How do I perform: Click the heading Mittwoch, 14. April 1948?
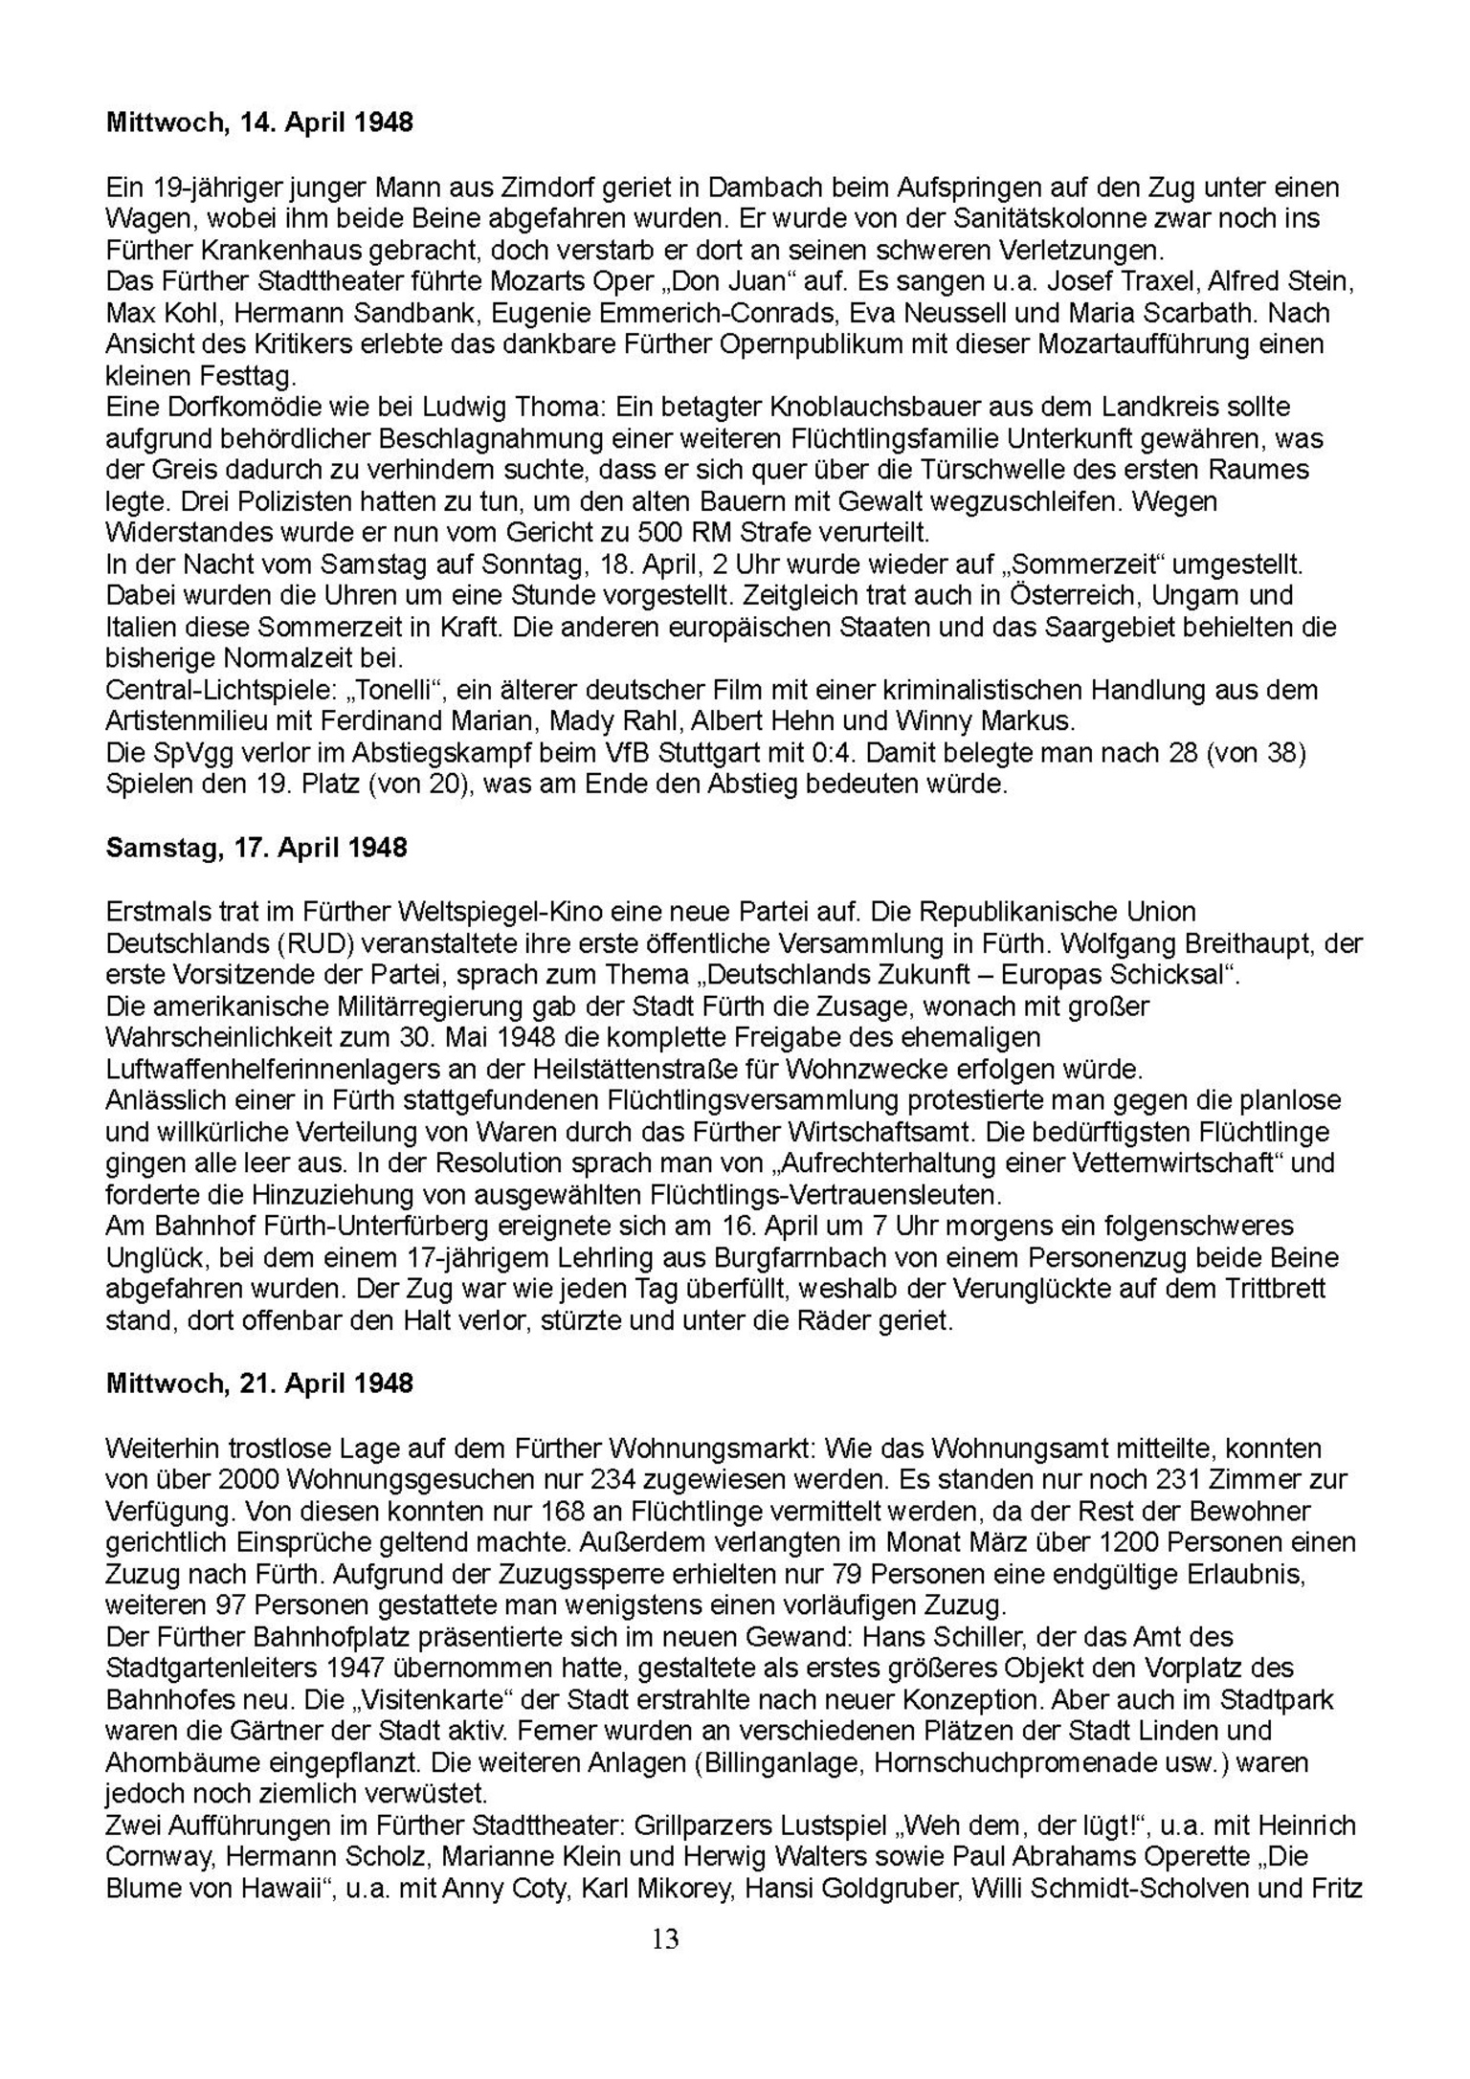coord(259,122)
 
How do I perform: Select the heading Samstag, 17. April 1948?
coord(256,848)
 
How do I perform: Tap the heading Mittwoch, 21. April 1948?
coord(259,1383)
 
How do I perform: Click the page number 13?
coord(665,1938)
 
